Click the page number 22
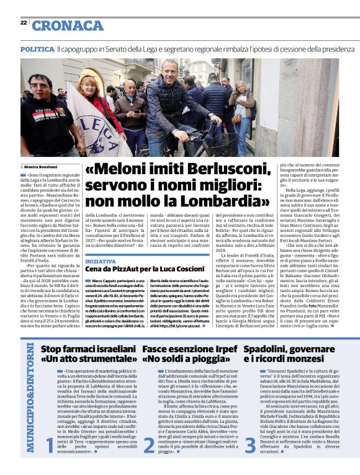point(23,22)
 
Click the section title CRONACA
point(68,26)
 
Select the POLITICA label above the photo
point(37,49)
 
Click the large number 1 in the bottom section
point(50,461)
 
